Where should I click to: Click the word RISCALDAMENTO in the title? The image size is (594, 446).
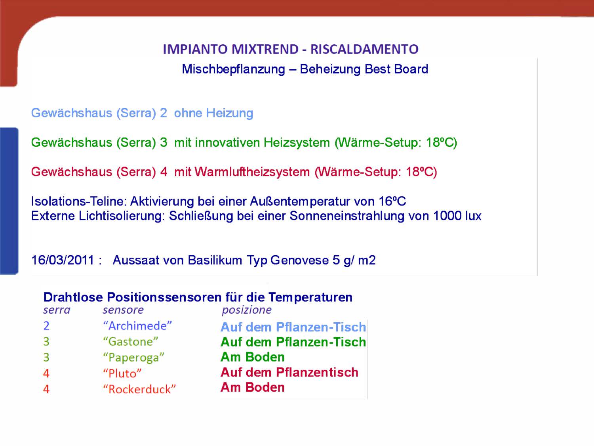point(364,49)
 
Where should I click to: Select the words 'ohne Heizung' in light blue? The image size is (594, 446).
point(213,113)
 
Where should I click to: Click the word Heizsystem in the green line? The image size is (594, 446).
point(297,143)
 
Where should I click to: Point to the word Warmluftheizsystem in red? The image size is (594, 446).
point(252,172)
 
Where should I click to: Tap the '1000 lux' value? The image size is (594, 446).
point(457,216)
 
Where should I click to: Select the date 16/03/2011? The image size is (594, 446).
point(63,260)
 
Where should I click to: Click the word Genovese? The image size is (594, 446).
point(299,260)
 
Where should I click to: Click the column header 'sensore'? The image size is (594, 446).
point(123,310)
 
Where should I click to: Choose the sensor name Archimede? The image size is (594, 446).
point(137,326)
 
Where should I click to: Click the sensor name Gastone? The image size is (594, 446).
point(130,341)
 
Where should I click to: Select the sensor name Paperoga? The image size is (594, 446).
point(134,358)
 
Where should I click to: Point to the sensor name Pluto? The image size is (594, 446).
point(122,373)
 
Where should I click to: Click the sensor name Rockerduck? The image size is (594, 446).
point(139,389)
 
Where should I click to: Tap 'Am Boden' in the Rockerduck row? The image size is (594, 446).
point(253,387)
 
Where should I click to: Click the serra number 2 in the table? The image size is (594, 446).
point(46,326)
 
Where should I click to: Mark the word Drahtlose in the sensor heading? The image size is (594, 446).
point(73,297)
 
